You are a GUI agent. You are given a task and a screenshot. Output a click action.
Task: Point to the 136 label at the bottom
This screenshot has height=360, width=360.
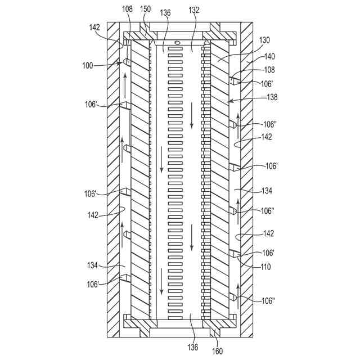[193, 347]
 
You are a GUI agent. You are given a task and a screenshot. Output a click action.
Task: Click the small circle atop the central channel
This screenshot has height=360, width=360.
[178, 43]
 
